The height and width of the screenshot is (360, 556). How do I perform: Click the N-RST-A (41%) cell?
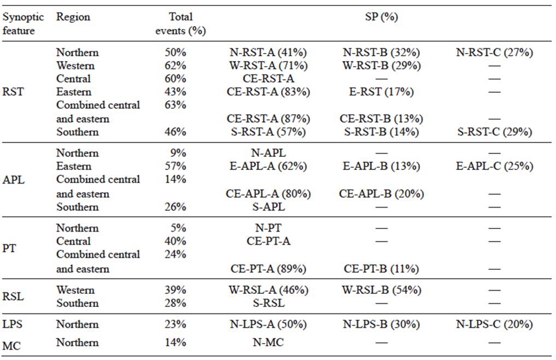point(268,52)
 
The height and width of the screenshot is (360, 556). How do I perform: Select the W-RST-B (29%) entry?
point(381,66)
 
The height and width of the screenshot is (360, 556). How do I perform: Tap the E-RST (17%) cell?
point(381,92)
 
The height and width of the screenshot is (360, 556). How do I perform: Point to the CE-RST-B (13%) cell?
point(381,119)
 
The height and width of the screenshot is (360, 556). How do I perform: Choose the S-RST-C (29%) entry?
point(494,132)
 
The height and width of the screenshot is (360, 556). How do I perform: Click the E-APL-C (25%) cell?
point(494,166)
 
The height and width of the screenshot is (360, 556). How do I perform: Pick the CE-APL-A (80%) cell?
point(268,193)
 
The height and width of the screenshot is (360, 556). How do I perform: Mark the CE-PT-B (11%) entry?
point(381,269)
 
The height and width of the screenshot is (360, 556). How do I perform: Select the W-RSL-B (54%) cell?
point(381,290)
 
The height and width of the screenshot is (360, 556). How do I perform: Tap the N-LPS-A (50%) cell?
point(268,324)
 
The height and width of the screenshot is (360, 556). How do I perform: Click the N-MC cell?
point(268,343)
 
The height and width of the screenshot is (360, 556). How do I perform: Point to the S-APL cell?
point(268,206)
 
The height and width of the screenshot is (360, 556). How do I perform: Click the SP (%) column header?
point(381,17)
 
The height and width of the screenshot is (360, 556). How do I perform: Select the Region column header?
point(73,17)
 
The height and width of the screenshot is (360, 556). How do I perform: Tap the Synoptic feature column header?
point(23,23)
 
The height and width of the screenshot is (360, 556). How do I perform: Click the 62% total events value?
point(175,66)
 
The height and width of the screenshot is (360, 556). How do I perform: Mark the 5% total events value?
point(178,228)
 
